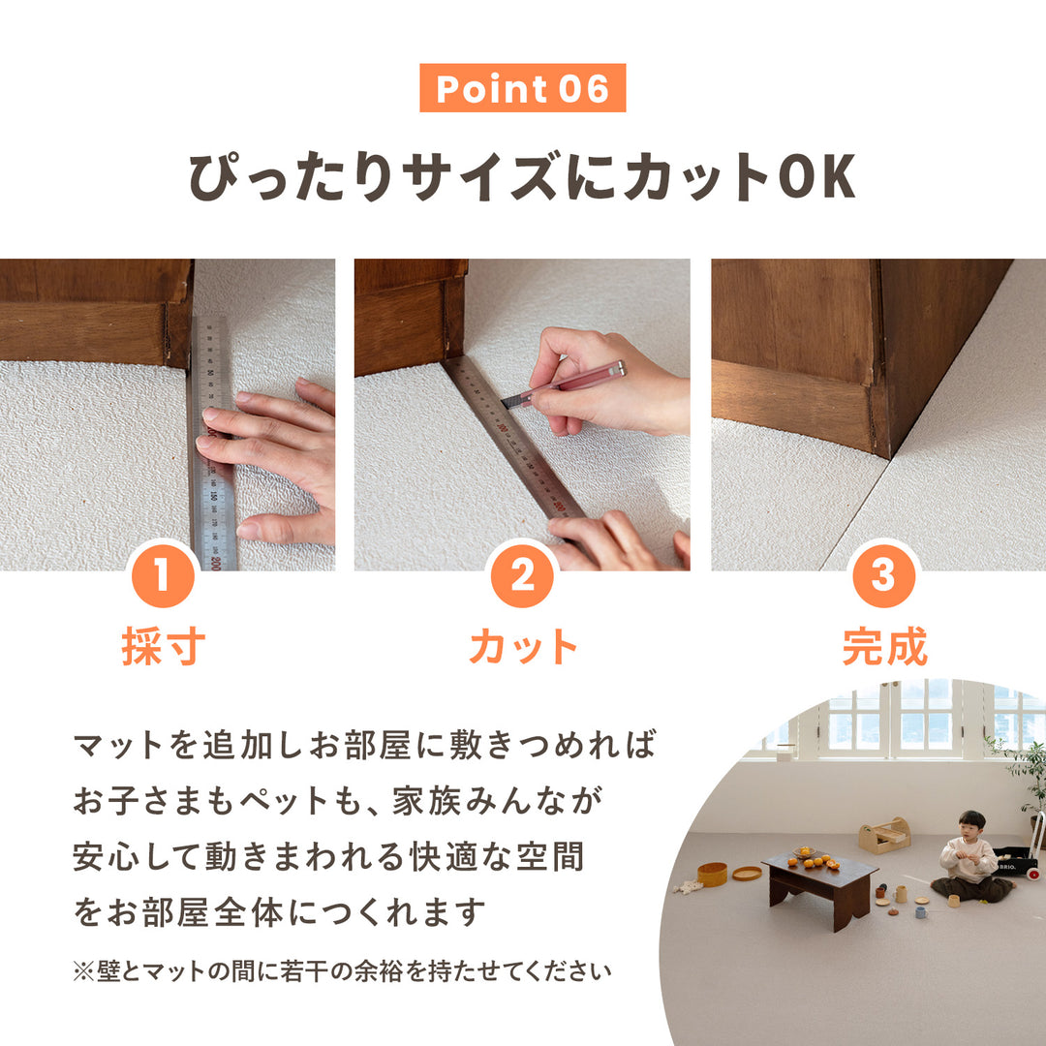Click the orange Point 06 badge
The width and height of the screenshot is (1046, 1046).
pos(522,88)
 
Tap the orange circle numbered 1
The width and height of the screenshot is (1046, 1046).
pos(162,577)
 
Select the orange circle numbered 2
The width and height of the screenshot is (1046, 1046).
pos(522,577)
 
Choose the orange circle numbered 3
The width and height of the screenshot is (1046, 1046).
pos(883,577)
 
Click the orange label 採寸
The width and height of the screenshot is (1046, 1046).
pos(162,647)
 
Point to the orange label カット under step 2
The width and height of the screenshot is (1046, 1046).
pos(522,647)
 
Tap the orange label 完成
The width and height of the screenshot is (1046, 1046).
pos(883,647)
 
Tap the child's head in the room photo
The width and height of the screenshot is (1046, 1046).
pos(971,823)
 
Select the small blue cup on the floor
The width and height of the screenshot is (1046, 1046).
pos(920,911)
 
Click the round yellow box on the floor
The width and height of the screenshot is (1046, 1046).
pos(712,874)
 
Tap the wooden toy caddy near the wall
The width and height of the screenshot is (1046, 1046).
pos(884,835)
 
